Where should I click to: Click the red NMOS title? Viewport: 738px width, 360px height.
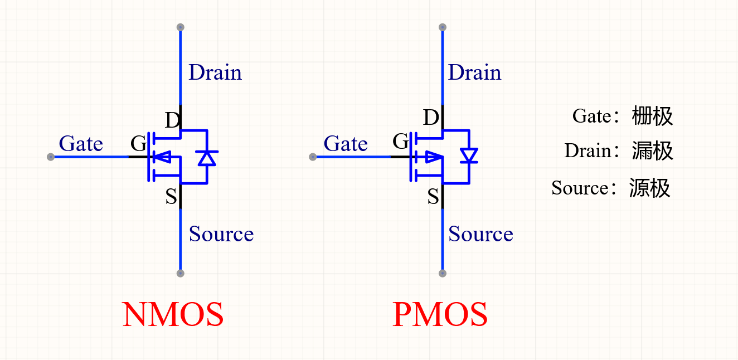click(173, 314)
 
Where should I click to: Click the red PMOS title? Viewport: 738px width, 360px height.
click(440, 314)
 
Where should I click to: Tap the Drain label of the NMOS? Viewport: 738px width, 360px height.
click(215, 72)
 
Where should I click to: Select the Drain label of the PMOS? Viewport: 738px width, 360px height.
click(474, 72)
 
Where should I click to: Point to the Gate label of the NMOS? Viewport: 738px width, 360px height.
click(81, 144)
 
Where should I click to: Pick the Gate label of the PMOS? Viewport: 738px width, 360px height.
click(346, 144)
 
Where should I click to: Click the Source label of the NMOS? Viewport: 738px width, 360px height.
click(221, 234)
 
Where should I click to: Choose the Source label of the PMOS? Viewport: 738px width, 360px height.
click(480, 234)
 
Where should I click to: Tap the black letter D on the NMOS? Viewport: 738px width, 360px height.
click(172, 120)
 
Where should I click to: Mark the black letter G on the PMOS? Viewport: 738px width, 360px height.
click(401, 142)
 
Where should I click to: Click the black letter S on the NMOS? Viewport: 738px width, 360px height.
click(171, 197)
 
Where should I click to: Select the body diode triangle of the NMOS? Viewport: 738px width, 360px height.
click(207, 158)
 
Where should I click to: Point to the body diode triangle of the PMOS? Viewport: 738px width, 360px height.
click(469, 155)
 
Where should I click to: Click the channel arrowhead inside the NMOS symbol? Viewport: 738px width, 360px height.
click(162, 157)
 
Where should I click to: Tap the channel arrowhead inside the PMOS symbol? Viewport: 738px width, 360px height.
click(434, 157)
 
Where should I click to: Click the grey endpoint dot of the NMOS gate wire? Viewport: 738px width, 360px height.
click(50, 157)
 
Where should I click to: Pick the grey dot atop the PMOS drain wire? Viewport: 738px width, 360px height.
click(443, 27)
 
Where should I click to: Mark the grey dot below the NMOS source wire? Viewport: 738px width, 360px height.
click(180, 274)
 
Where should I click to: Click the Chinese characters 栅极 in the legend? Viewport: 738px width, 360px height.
click(652, 116)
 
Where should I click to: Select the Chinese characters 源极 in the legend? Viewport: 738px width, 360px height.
click(650, 188)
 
